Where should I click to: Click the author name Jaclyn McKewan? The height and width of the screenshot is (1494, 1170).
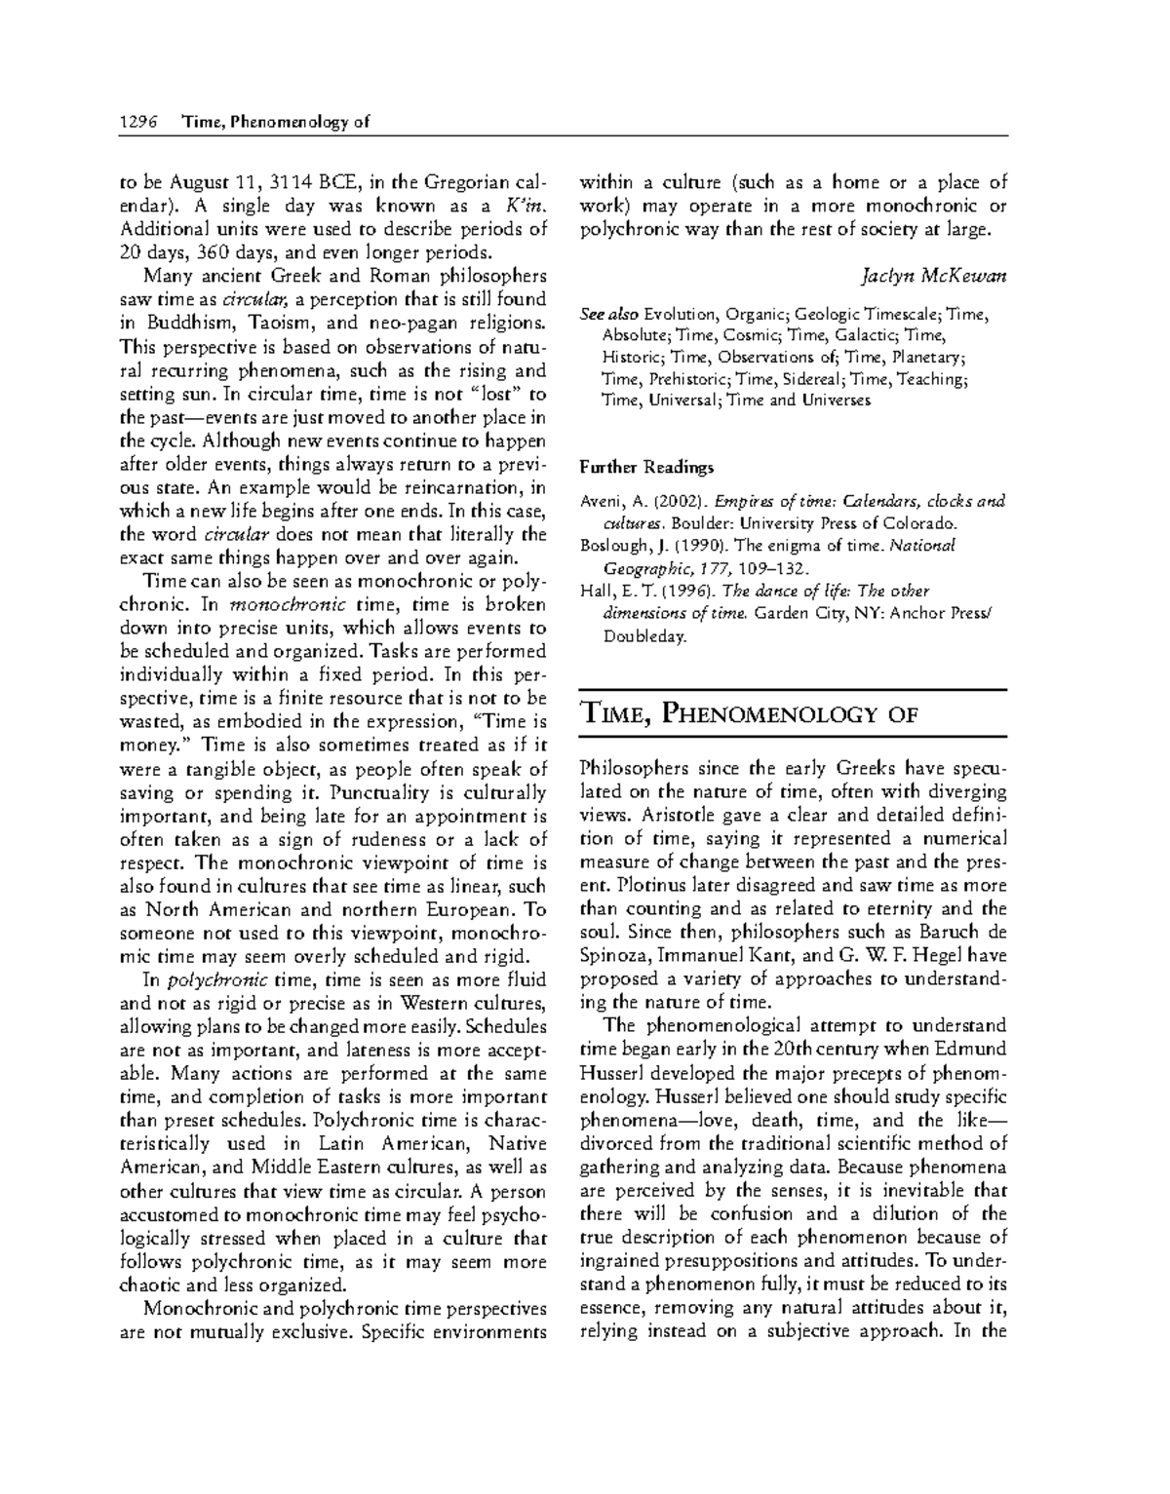[x=934, y=276]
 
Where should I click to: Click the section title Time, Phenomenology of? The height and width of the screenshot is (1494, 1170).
[x=749, y=714]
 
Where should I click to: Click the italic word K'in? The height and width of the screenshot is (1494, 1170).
[x=521, y=206]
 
